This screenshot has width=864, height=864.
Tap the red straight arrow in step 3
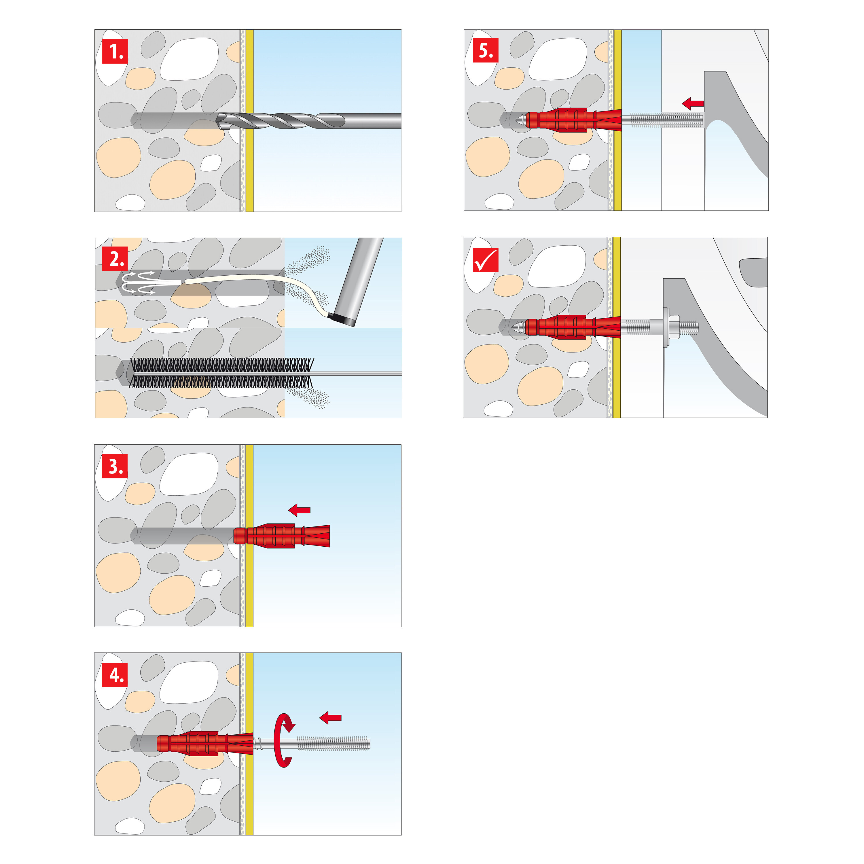[299, 510]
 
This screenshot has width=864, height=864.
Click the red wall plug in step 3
[281, 536]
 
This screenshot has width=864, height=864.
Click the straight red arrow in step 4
[331, 718]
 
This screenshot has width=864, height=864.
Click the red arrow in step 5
[693, 104]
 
